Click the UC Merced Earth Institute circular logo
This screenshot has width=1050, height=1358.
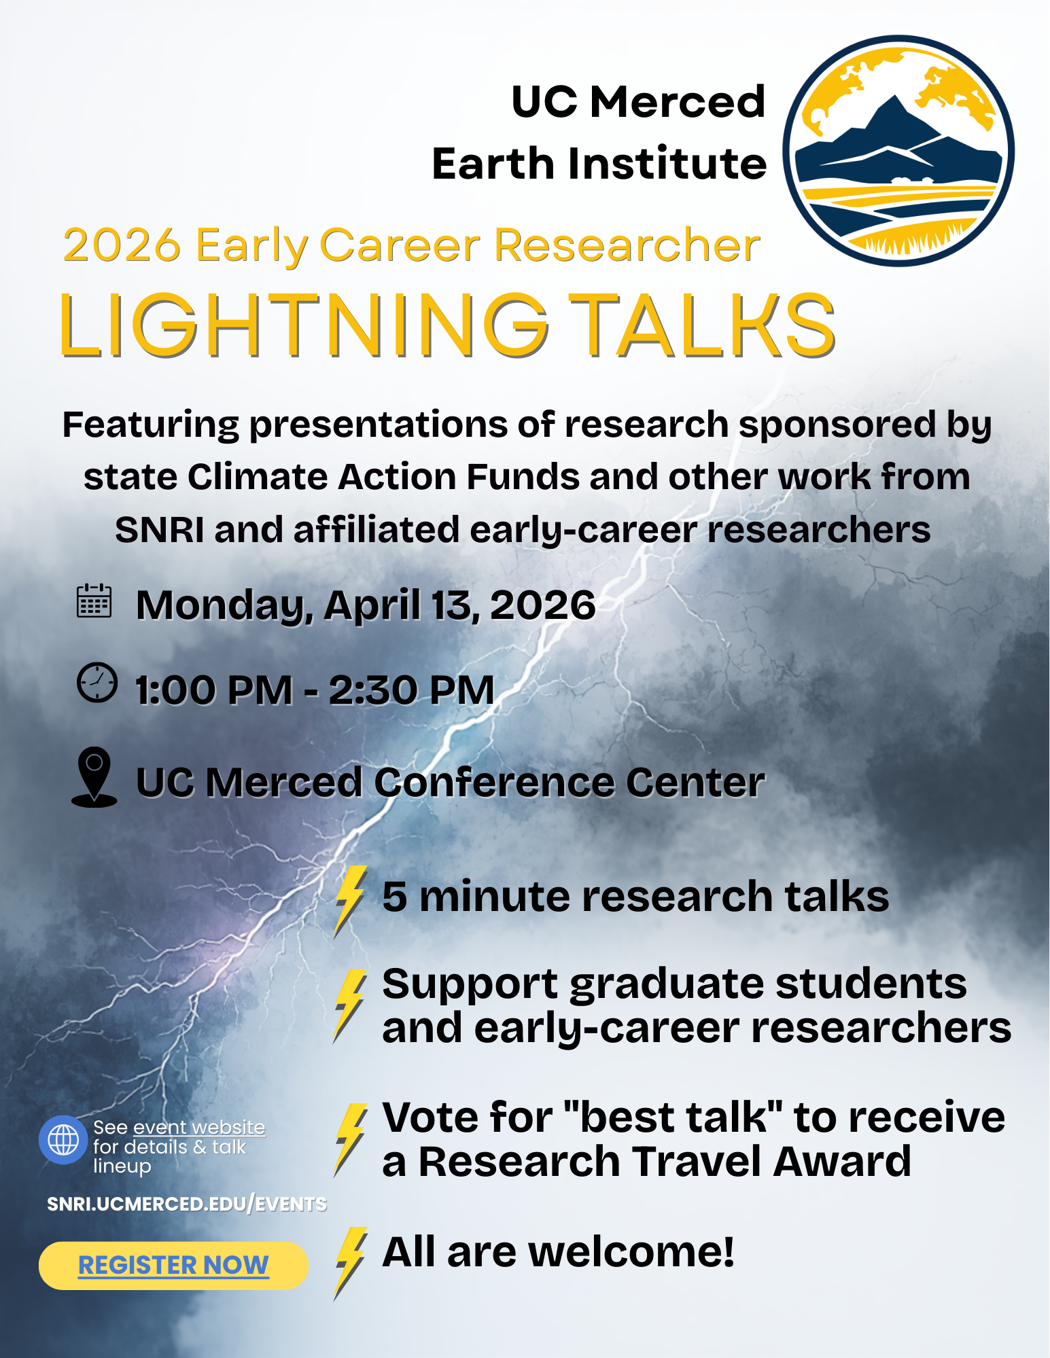[x=898, y=151]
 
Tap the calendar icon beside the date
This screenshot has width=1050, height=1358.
[x=94, y=601]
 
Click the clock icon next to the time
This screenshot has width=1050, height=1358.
[x=97, y=682]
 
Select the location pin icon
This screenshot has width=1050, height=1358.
[x=94, y=777]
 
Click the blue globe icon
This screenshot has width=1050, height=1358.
[x=63, y=1140]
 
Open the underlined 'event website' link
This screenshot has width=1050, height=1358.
[x=199, y=1128]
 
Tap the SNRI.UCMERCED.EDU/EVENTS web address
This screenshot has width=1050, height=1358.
[x=187, y=1204]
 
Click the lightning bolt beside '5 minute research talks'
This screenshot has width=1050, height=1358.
[x=351, y=901]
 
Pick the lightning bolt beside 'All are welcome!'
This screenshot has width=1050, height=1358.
[x=351, y=1263]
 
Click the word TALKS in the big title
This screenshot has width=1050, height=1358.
[x=701, y=325]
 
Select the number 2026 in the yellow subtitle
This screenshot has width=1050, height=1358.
[x=122, y=245]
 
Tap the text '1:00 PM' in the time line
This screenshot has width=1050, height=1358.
[x=214, y=690]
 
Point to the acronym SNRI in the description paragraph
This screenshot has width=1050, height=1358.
[x=160, y=530]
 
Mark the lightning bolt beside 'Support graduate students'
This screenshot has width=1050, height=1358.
[x=351, y=1006]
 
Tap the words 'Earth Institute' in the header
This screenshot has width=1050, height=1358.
[x=599, y=164]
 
